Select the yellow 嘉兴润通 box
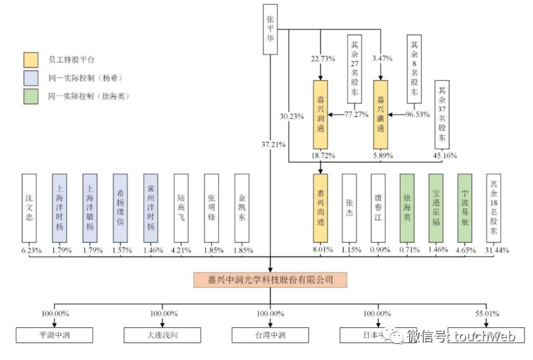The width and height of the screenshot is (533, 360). [320, 114]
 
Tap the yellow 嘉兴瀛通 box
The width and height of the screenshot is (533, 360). [381, 114]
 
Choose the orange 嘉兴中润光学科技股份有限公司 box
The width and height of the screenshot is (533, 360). [270, 280]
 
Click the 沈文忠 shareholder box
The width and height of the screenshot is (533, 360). [29, 208]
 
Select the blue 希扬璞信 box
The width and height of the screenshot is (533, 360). [120, 208]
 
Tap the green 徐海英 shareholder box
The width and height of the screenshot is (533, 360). [407, 208]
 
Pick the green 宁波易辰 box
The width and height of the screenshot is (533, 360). [464, 208]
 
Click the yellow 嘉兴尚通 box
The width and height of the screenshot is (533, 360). [320, 208]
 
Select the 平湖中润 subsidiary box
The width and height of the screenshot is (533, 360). [54, 335]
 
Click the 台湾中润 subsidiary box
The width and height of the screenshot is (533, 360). [270, 335]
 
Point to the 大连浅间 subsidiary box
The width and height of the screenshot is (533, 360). [162, 335]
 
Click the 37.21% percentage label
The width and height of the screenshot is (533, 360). [272, 144]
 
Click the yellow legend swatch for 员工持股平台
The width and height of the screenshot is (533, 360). [31, 60]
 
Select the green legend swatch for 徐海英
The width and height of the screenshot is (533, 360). [31, 96]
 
